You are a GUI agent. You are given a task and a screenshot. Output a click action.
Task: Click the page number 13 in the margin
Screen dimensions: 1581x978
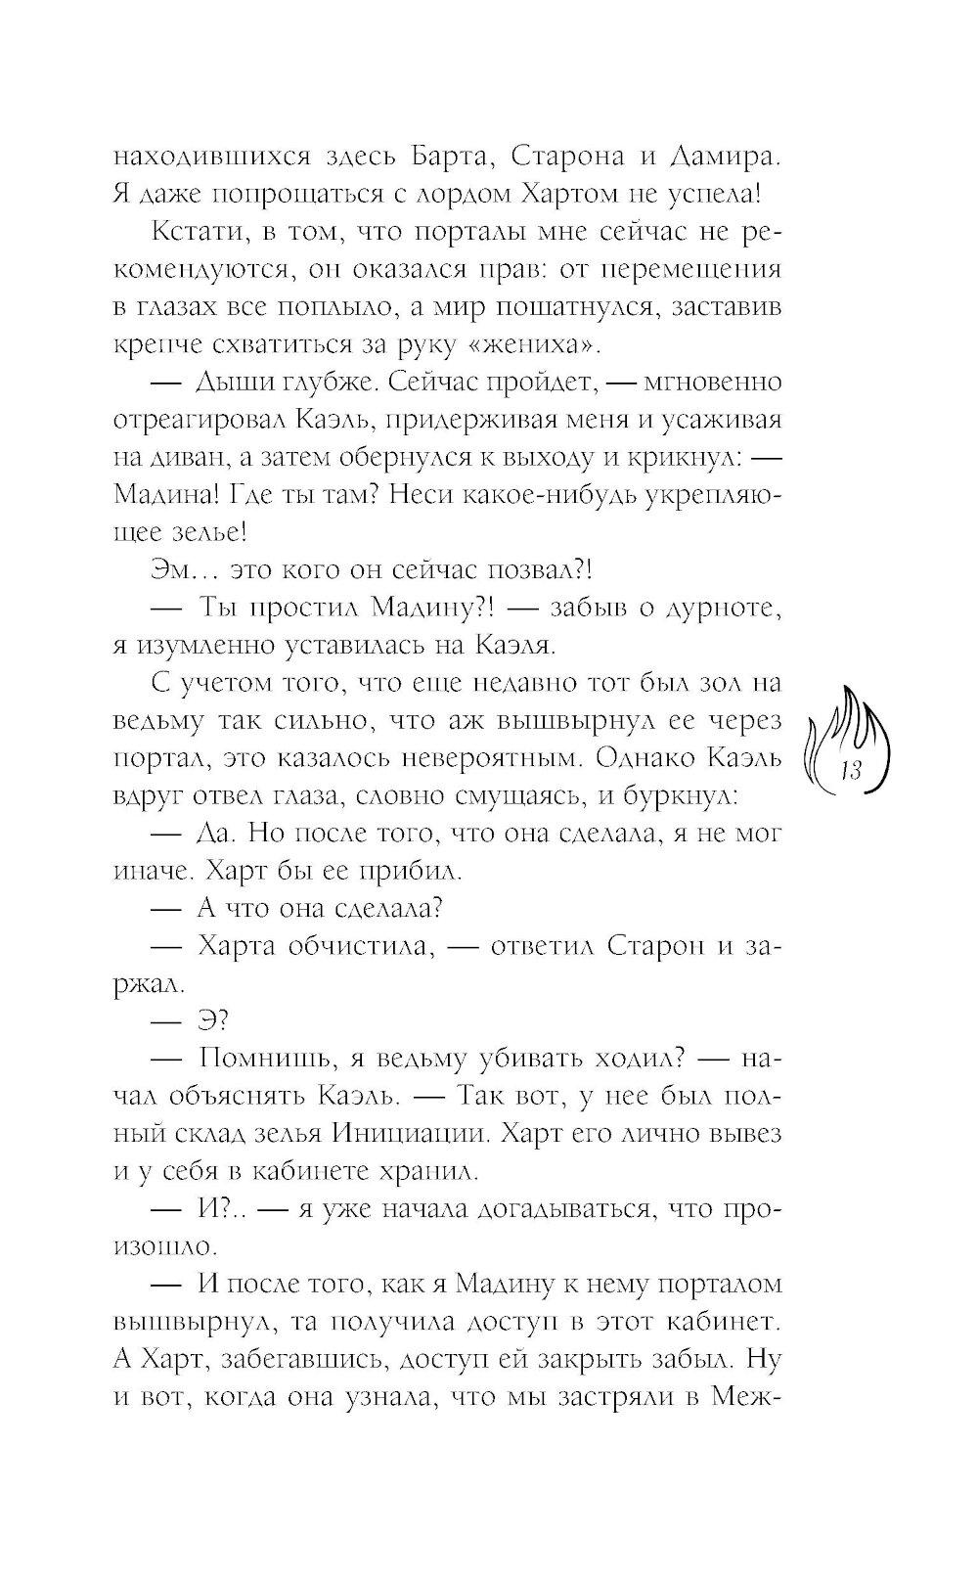click(x=848, y=770)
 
